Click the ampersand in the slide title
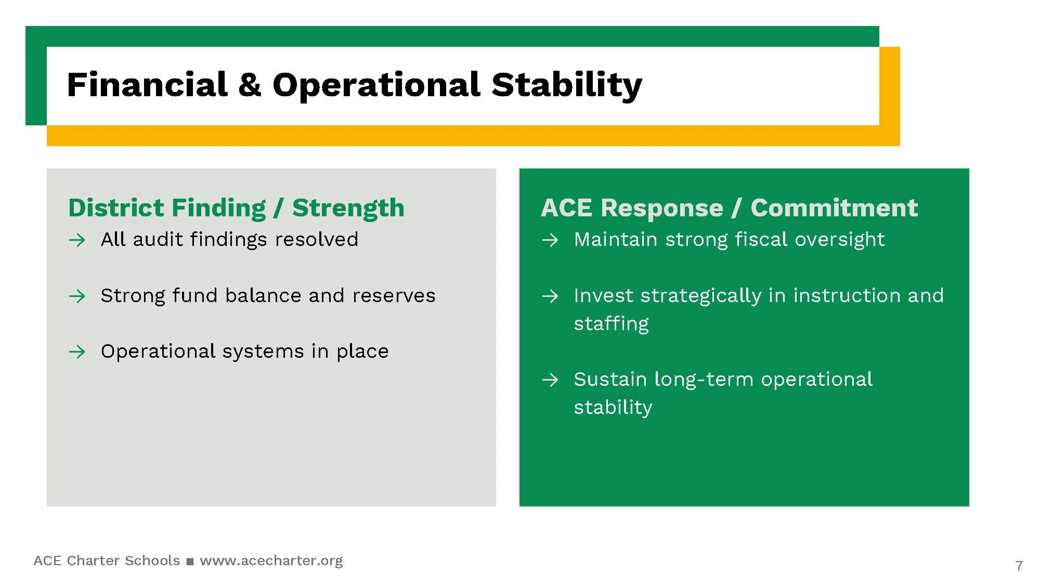(x=250, y=85)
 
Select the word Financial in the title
(x=147, y=84)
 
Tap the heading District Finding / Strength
(x=236, y=208)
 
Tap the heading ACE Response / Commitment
(x=729, y=207)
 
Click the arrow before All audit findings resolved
(x=77, y=240)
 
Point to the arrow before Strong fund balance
(x=77, y=296)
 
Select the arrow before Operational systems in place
(x=77, y=352)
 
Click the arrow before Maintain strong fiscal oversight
(x=550, y=240)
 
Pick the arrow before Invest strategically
(x=550, y=296)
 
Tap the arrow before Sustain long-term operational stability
(x=550, y=380)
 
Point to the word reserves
(x=394, y=296)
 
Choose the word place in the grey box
(x=362, y=352)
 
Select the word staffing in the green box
(x=612, y=323)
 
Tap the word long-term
(x=704, y=380)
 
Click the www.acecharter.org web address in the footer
(x=271, y=561)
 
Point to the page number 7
(x=1019, y=566)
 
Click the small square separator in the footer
(x=190, y=562)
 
